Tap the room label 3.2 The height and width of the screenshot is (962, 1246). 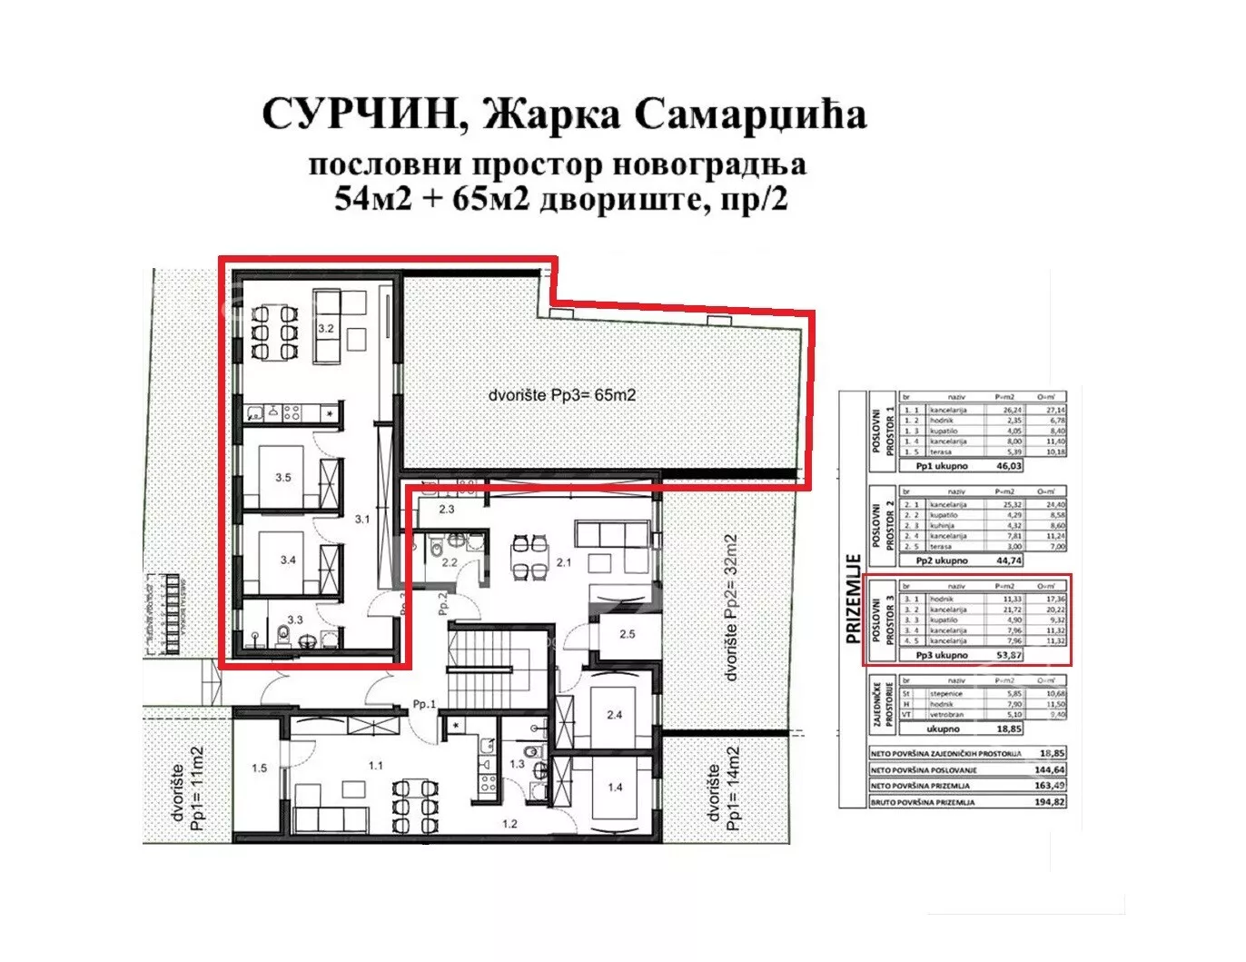point(326,328)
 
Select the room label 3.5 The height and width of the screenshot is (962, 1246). point(283,477)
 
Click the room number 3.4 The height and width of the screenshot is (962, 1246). point(288,560)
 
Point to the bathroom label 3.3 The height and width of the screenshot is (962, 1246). point(295,620)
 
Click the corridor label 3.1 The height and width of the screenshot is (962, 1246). point(362,520)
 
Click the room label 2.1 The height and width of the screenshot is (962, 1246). point(564,562)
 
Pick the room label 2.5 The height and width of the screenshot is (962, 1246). point(627,633)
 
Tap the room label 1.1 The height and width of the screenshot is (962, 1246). point(375,766)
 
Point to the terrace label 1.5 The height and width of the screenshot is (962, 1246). point(259,768)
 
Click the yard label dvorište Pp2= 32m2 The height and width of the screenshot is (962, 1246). point(732,607)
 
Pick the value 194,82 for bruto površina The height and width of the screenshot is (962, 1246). point(1049,802)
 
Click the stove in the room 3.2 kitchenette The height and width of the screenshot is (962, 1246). point(293,413)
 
